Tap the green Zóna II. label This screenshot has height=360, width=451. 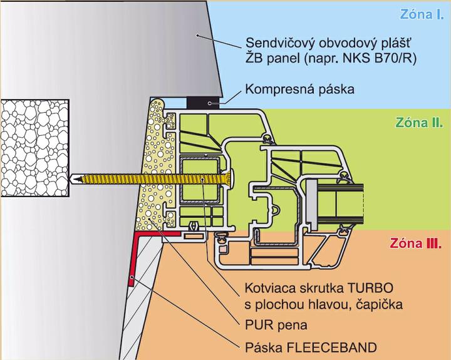[418, 122]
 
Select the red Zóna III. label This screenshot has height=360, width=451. [416, 243]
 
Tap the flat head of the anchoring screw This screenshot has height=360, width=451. [230, 178]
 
